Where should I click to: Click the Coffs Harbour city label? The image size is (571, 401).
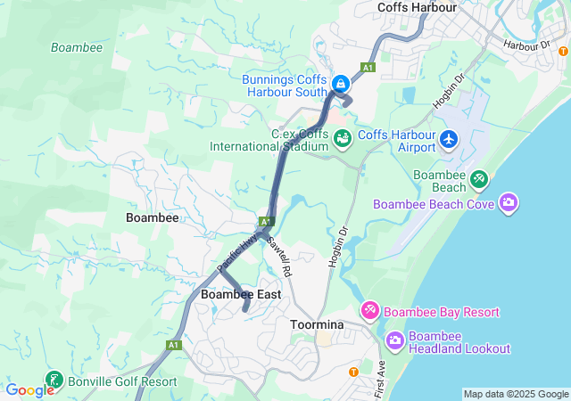(x=417, y=7)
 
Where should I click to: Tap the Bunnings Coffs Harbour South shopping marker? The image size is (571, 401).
(x=339, y=84)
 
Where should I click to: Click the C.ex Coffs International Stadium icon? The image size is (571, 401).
(x=342, y=139)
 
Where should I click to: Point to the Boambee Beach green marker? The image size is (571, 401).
(x=479, y=179)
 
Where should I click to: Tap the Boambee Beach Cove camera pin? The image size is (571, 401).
(x=509, y=203)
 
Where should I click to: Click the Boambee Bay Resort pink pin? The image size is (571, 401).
(x=369, y=311)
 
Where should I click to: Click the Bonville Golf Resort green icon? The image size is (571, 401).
(x=54, y=381)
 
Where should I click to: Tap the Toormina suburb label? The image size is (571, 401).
(x=313, y=325)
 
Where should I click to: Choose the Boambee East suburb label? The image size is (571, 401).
(x=241, y=294)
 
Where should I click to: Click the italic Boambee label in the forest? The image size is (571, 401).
(x=77, y=47)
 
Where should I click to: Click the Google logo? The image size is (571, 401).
(x=29, y=390)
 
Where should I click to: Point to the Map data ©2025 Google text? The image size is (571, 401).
(x=516, y=394)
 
